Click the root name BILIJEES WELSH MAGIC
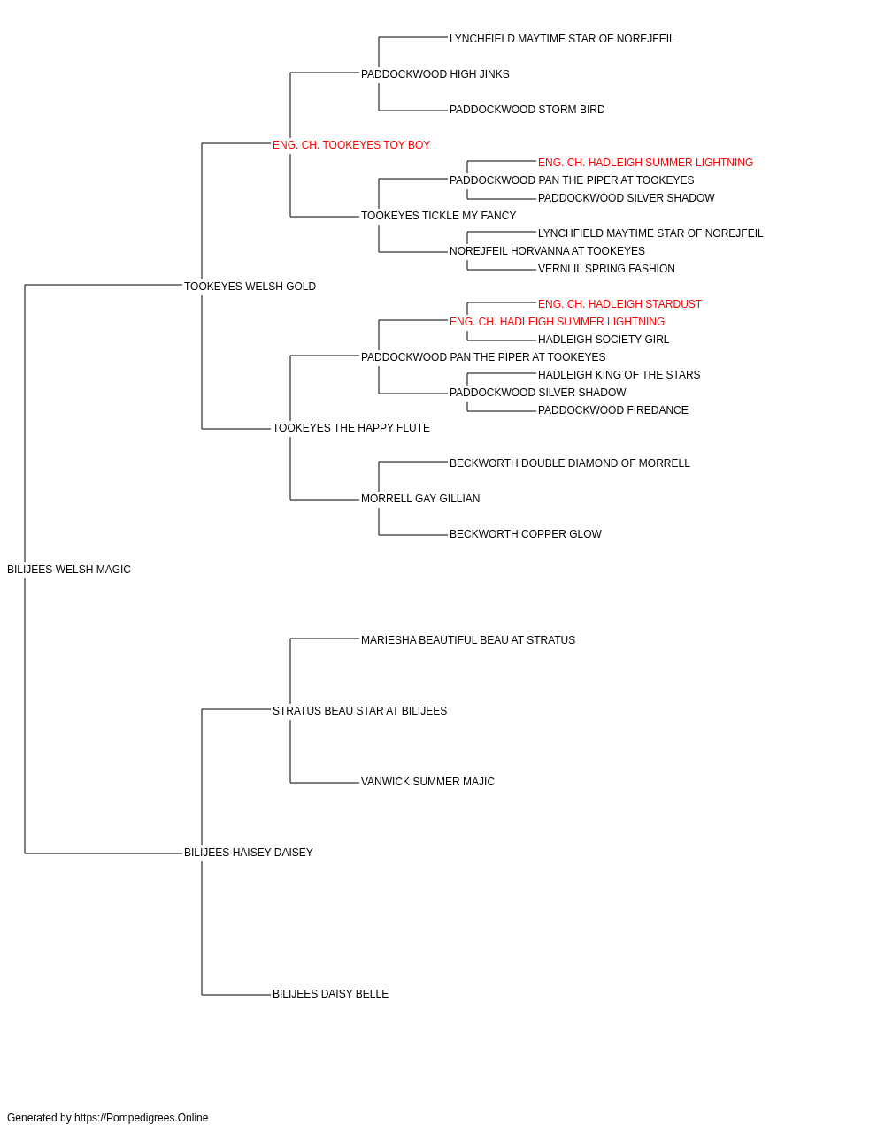pos(69,570)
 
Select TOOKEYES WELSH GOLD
pos(250,287)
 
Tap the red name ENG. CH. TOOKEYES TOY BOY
pos(350,145)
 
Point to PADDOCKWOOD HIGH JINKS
pos(435,74)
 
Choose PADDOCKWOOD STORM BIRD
pos(527,110)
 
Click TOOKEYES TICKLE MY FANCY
pos(438,216)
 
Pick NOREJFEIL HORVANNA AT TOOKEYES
pos(547,251)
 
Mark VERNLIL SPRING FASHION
pos(606,269)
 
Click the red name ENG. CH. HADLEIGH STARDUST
pos(619,304)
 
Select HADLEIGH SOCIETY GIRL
pos(603,340)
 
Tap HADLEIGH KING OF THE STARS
pos(619,375)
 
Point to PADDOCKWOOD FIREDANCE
pos(612,410)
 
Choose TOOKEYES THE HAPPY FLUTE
pos(350,428)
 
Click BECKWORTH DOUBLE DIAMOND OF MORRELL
pos(569,463)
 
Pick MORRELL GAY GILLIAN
pos(420,499)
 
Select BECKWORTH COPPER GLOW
pos(525,534)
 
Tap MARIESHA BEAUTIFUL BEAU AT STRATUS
pos(467,640)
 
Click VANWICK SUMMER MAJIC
pos(427,782)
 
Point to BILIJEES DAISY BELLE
pos(330,994)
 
